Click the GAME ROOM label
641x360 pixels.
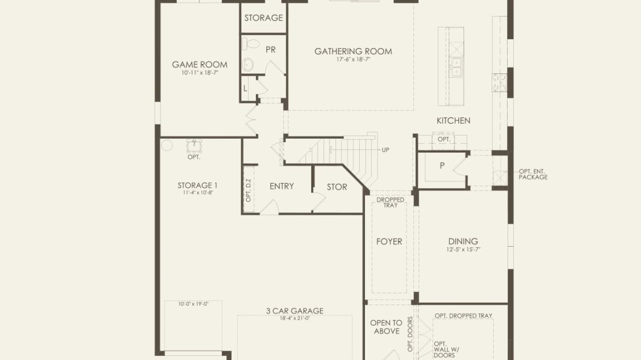199,65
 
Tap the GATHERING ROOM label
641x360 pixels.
353,51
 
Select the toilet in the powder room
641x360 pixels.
251,43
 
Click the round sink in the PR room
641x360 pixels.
248,65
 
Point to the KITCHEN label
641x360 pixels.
453,121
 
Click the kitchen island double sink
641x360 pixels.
456,66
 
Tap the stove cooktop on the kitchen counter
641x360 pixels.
499,83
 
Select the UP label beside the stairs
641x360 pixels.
385,150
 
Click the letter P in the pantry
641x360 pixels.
442,166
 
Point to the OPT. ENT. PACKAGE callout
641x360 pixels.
533,175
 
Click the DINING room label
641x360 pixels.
463,242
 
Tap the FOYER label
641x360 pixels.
389,242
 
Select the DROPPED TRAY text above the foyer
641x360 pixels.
390,202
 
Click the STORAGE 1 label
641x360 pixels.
197,185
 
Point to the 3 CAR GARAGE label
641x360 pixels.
295,311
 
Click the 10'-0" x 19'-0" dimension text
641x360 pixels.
193,304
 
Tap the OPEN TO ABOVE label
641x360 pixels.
386,327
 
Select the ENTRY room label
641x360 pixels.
282,187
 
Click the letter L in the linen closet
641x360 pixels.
245,88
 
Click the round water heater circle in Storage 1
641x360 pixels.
167,145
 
